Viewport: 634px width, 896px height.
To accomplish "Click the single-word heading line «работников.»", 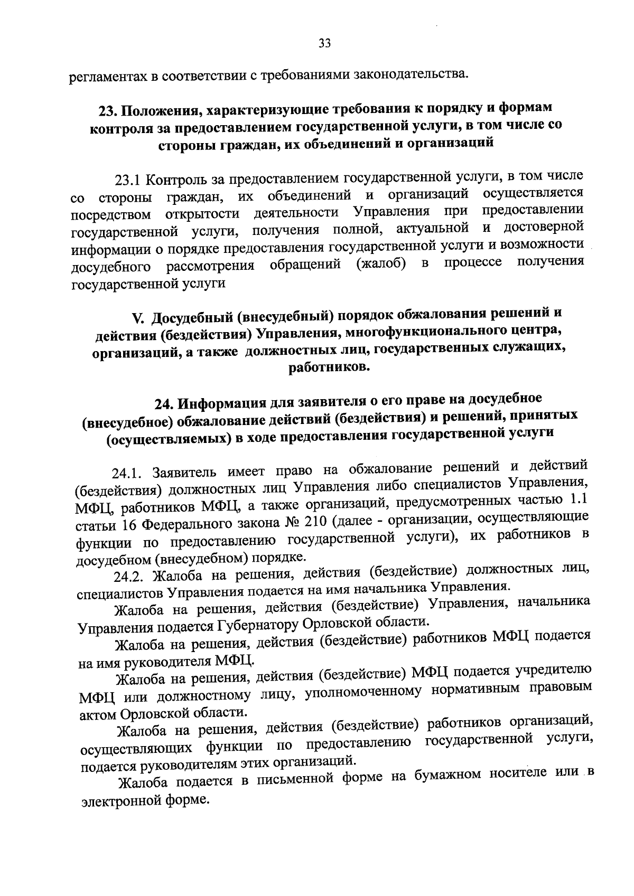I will [327, 367].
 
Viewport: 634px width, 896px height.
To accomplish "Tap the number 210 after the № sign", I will [311, 522].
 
